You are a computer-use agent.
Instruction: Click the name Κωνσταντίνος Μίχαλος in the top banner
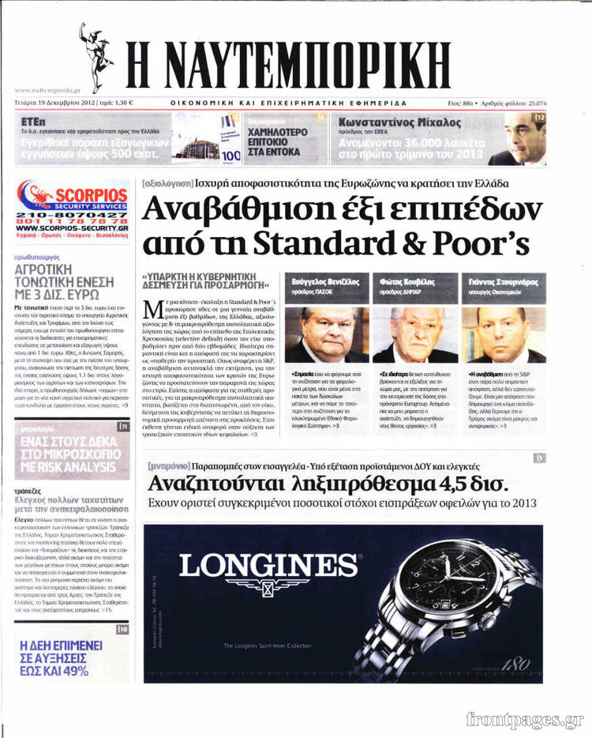[x=399, y=122]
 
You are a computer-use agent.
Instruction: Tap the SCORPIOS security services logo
[x=72, y=197]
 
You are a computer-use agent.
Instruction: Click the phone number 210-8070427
[x=72, y=216]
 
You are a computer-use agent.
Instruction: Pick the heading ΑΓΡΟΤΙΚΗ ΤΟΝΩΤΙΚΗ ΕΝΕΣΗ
[x=54, y=277]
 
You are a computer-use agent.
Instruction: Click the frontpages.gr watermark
[x=524, y=720]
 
